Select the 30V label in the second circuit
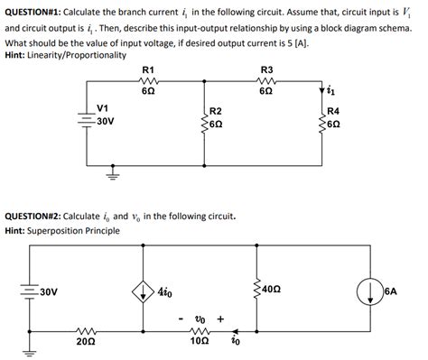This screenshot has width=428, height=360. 48,291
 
